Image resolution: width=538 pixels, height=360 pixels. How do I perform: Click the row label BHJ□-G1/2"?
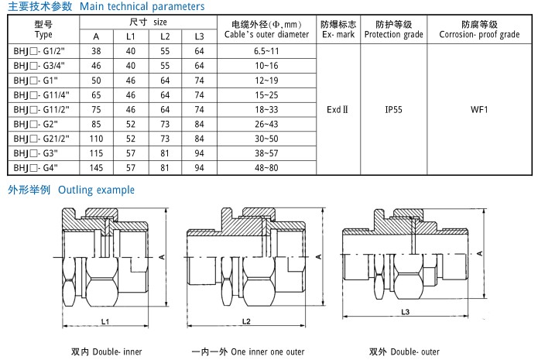(43, 50)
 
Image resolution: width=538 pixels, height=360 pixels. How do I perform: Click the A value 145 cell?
(96, 167)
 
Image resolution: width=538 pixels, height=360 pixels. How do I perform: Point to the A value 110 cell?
(96, 138)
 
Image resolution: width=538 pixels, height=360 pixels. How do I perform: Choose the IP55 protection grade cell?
(394, 109)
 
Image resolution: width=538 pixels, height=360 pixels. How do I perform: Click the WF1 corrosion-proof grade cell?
(479, 109)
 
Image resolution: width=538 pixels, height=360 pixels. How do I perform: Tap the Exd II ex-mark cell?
(338, 109)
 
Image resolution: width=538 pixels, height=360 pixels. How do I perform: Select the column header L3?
(199, 36)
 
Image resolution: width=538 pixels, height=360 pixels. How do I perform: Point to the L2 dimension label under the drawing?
(247, 321)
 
